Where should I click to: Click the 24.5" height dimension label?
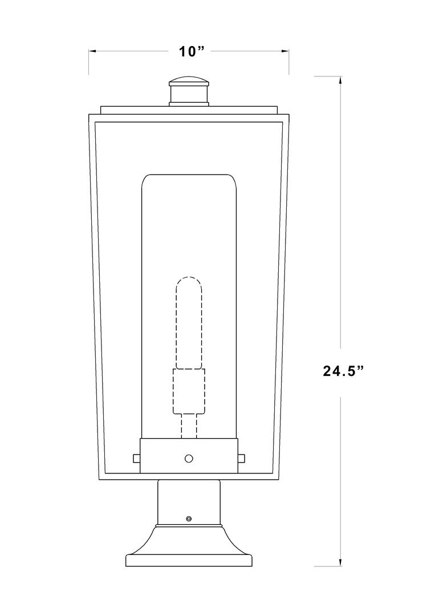tap(343, 371)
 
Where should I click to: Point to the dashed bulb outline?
tap(189, 322)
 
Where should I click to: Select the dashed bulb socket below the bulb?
tap(189, 391)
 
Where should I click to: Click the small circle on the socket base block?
tap(189, 458)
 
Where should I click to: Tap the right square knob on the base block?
tap(242, 457)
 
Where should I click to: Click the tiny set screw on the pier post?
tap(189, 518)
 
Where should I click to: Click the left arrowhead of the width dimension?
tap(92, 51)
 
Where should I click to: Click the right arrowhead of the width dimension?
tap(286, 51)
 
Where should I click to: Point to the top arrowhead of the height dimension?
tap(340, 80)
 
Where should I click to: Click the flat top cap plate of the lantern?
tap(189, 110)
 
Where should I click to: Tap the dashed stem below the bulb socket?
tap(189, 425)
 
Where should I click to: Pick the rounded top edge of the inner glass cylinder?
tap(189, 176)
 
